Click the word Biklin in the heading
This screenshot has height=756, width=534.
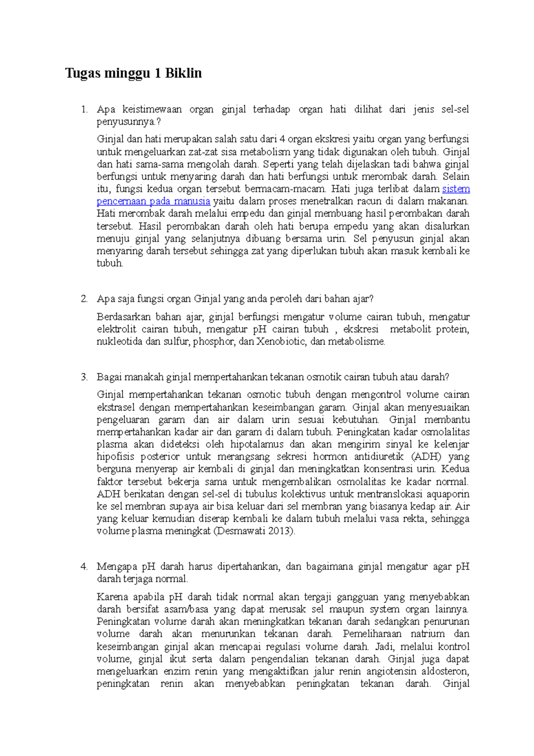pos(183,73)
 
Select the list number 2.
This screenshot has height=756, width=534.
pos(84,299)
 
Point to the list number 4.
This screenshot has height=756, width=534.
pos(84,567)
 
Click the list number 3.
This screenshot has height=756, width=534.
pos(84,377)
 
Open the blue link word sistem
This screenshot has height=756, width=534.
pos(456,189)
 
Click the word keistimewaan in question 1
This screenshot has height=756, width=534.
pos(152,109)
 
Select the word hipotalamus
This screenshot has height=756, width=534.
pos(257,444)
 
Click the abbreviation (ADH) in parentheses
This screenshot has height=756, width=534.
pos(426,457)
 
